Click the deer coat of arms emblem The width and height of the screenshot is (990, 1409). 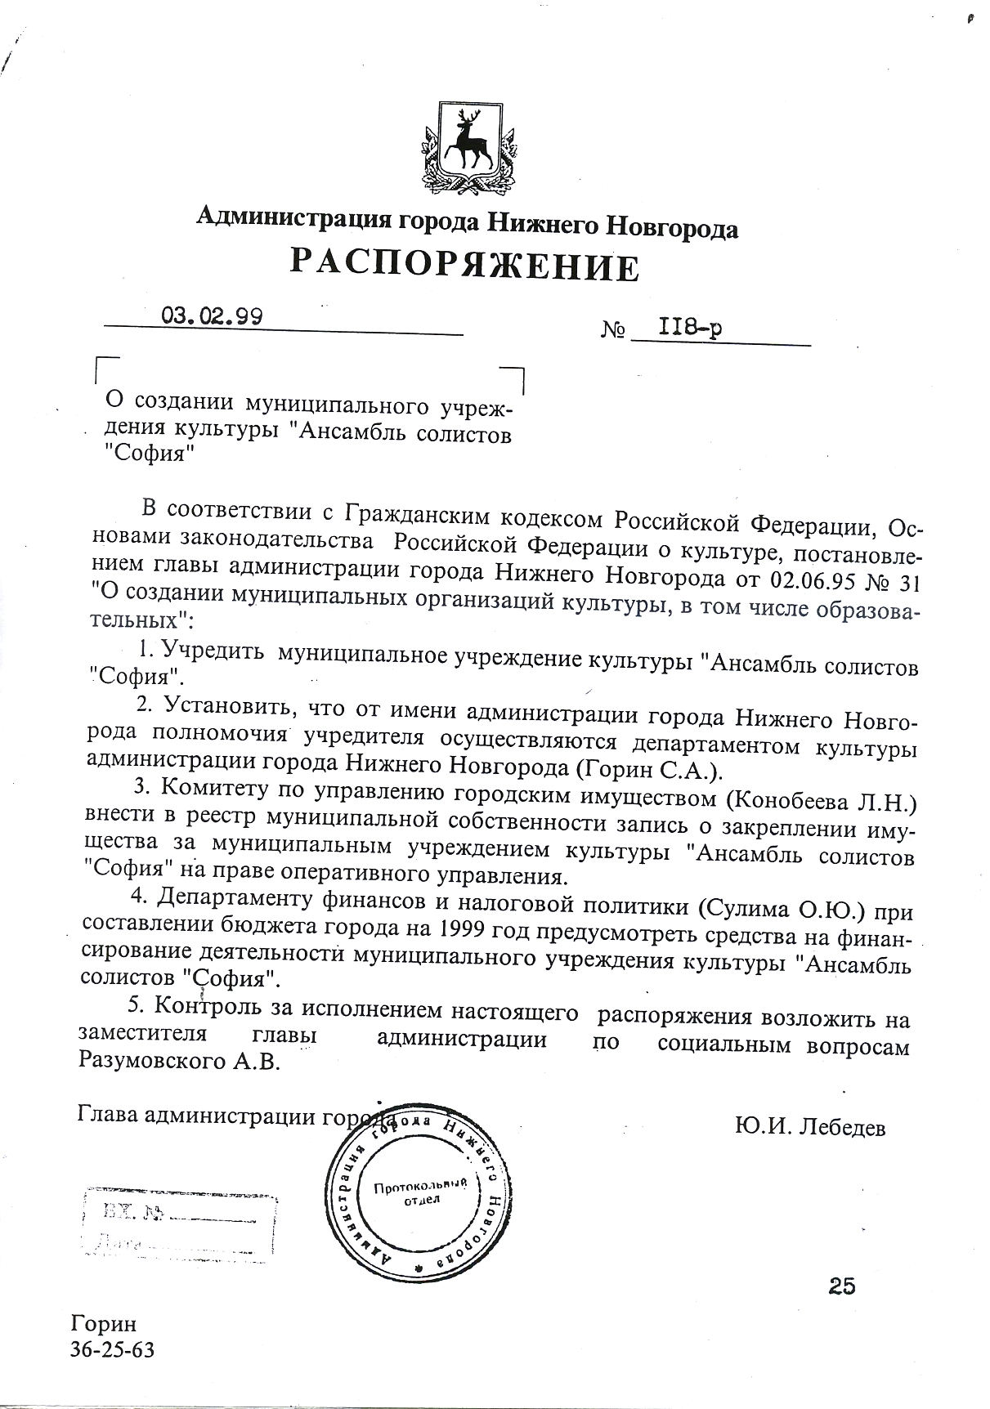click(467, 147)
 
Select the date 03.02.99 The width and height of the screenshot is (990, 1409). click(212, 315)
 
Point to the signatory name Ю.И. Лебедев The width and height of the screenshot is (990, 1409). click(810, 1127)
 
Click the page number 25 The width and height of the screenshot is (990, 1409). click(841, 1286)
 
